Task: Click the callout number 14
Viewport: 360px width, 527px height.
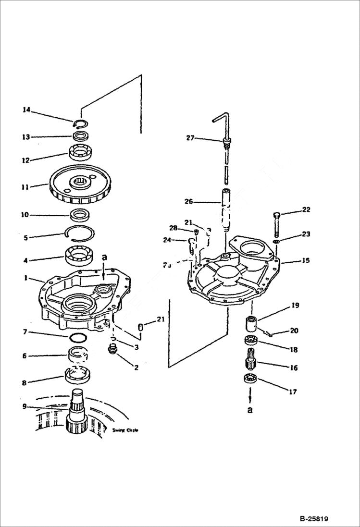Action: [x=26, y=110]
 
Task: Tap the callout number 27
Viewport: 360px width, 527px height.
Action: [x=190, y=138]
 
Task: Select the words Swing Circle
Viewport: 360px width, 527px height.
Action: [x=125, y=430]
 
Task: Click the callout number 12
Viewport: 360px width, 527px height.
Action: [x=25, y=160]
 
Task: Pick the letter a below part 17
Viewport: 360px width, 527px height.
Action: [x=249, y=410]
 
